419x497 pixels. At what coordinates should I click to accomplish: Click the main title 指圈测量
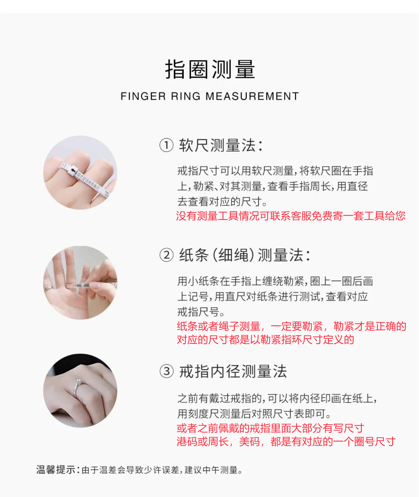[210, 69]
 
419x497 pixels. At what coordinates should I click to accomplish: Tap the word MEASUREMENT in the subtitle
[252, 96]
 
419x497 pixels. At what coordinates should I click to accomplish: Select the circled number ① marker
[166, 145]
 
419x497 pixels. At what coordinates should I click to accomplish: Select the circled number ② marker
[166, 255]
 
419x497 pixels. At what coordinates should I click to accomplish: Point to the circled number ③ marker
[166, 371]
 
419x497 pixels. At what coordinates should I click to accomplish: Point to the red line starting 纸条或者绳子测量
[291, 326]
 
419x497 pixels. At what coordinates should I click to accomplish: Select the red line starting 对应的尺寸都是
[265, 340]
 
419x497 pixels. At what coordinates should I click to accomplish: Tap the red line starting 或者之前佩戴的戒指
[270, 428]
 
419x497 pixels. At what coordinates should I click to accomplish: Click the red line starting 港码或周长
[286, 442]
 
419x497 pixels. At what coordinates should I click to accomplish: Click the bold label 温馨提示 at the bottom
[56, 470]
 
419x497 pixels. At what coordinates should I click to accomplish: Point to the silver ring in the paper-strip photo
[48, 288]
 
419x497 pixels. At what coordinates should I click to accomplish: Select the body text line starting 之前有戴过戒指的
[277, 398]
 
